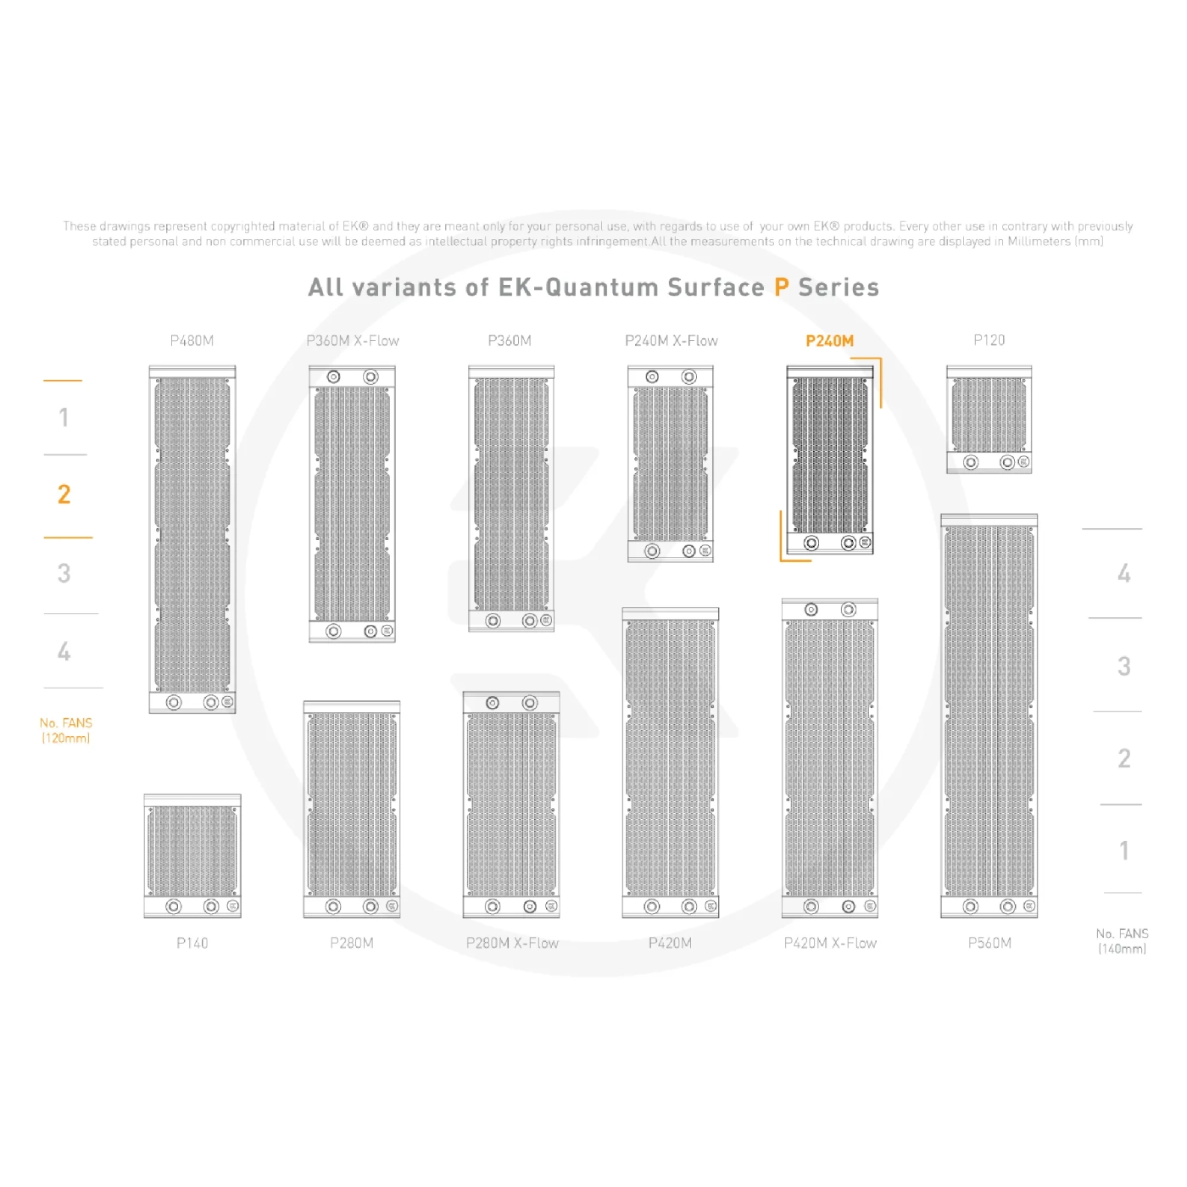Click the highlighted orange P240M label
click(x=829, y=341)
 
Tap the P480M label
click(x=192, y=341)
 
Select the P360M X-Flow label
click(x=353, y=341)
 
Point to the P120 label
click(x=989, y=340)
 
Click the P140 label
click(x=192, y=943)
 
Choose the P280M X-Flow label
click(x=512, y=943)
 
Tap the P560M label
click(x=989, y=943)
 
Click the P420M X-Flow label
click(x=830, y=943)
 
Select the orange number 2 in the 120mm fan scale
click(x=64, y=494)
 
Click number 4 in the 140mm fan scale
click(x=1123, y=573)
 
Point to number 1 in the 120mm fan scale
click(x=64, y=417)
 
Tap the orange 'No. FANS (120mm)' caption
click(x=66, y=730)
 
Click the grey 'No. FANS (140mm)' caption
click(x=1122, y=940)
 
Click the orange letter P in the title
click(x=781, y=287)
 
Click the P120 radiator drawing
click(x=989, y=420)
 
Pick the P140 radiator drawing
click(x=192, y=855)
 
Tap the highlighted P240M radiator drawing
click(x=829, y=460)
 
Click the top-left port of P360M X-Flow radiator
click(x=333, y=376)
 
